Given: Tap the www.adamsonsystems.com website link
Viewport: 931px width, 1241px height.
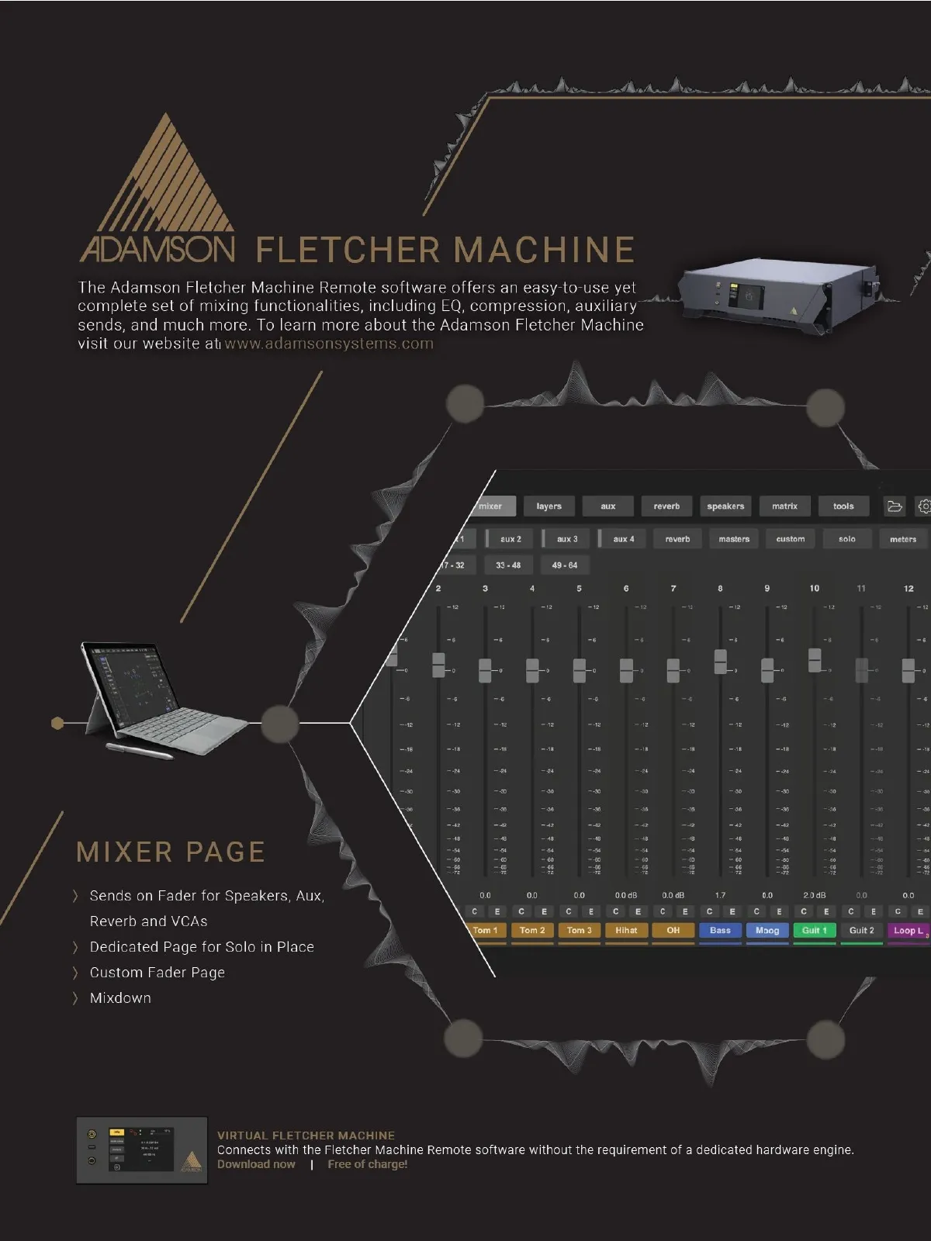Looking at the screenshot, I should point(329,344).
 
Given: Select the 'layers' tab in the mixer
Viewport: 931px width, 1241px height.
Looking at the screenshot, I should point(549,506).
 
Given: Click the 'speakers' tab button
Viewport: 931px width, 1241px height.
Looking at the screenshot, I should point(725,506).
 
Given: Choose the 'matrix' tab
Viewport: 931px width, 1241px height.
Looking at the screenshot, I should point(784,506).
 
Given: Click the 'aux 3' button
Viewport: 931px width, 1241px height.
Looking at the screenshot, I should point(566,539).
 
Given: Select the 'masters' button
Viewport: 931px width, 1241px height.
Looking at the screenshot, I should point(734,539).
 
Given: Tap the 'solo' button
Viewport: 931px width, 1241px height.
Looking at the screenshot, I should point(846,539).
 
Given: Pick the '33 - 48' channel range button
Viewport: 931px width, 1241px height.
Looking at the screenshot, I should point(508,565).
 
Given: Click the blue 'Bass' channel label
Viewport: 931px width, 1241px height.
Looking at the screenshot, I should point(720,930).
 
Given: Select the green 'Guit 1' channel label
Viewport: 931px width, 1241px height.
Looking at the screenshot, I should point(814,930).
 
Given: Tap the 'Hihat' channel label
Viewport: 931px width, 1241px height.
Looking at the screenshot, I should point(626,930).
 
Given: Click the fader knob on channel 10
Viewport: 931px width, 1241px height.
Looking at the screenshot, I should point(815,660).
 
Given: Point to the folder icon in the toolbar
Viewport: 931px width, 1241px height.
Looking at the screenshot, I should point(895,506).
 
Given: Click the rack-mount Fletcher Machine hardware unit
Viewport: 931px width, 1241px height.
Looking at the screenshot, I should point(777,295).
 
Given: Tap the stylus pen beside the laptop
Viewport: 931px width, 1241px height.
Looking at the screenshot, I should point(140,750).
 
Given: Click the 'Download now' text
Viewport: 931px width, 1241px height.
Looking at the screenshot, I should point(256,1164).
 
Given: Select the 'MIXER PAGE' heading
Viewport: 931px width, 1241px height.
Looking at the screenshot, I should point(171,852).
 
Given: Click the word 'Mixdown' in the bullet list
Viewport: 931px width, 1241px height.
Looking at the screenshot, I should point(120,998).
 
